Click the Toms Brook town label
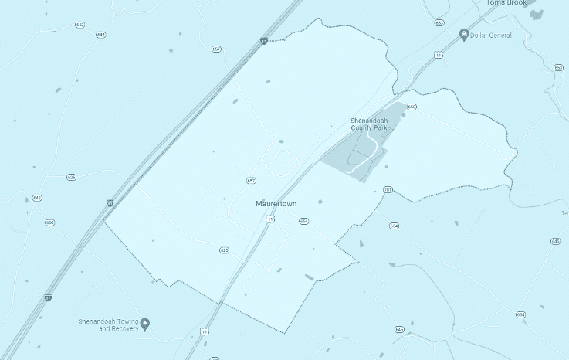(506, 3)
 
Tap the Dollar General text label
(491, 36)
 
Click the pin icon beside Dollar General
(463, 34)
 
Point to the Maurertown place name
(276, 204)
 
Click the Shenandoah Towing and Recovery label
(108, 324)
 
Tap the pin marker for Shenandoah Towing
(144, 324)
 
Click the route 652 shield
(80, 25)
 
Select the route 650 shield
(412, 107)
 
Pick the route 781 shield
(388, 189)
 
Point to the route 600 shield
(50, 222)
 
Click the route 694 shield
(395, 226)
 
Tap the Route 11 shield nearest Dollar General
(438, 55)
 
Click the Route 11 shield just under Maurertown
(270, 219)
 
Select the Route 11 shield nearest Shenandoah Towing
(204, 331)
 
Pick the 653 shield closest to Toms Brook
(439, 23)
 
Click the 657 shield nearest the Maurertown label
(251, 181)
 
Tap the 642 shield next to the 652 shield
(100, 35)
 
